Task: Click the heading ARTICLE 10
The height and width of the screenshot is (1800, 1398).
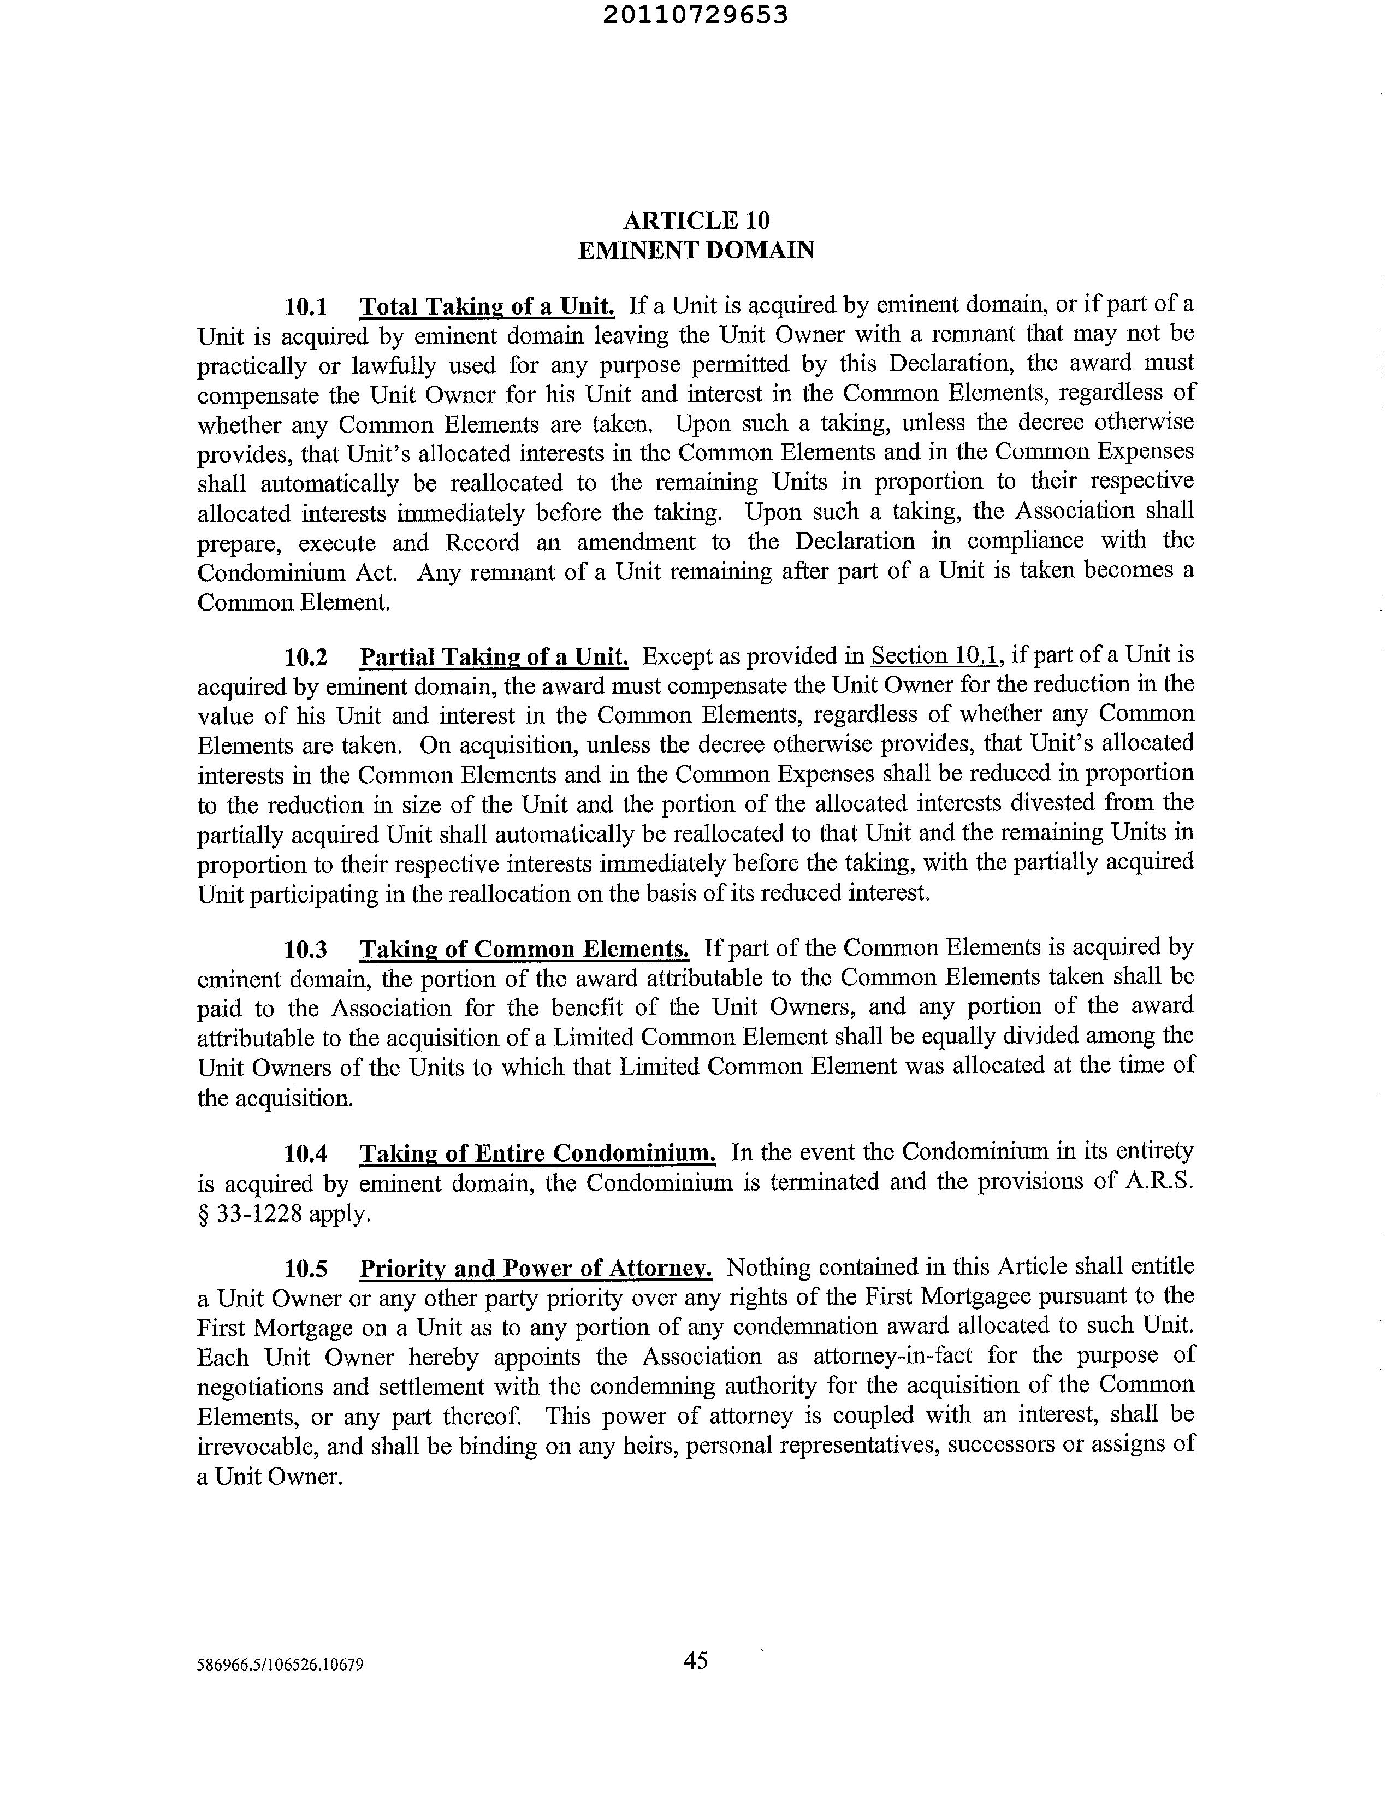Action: (696, 220)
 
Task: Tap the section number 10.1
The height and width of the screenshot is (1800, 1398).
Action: (306, 307)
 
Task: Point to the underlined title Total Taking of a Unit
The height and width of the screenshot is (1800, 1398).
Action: (487, 307)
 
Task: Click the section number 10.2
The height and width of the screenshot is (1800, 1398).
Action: (306, 657)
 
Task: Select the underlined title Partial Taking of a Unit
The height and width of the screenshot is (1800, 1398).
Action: (494, 657)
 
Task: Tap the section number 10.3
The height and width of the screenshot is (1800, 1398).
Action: (306, 950)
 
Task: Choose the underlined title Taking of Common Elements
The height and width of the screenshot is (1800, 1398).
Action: (524, 950)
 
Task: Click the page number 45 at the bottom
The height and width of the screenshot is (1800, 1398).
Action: (696, 1661)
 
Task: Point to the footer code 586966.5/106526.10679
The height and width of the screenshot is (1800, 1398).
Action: (280, 1664)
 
